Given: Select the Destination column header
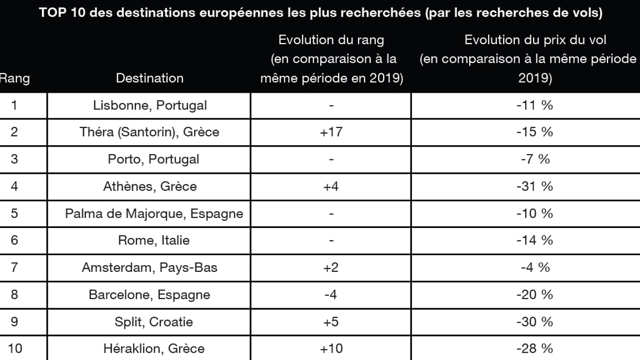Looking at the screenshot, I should [x=149, y=78].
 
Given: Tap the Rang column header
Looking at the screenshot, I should [x=15, y=79].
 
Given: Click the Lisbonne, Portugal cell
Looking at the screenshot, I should [x=150, y=105].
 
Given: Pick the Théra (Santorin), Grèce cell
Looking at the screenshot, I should [x=149, y=132].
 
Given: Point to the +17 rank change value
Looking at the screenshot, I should [x=331, y=132].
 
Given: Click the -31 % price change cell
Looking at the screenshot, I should [x=535, y=186].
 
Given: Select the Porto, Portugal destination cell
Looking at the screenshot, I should [x=154, y=159].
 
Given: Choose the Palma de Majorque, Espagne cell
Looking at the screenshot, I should [x=154, y=213].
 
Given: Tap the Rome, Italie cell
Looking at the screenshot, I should [x=154, y=241].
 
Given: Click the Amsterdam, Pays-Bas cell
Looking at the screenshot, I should [x=149, y=268].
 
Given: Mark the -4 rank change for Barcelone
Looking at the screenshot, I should [x=330, y=294].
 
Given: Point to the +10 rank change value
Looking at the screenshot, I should [x=331, y=348].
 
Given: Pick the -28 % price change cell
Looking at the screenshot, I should [x=535, y=348].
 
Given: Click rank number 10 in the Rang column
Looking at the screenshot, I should [x=15, y=348].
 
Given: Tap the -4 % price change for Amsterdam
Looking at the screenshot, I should [x=535, y=268].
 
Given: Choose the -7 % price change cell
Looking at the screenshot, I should [x=535, y=159].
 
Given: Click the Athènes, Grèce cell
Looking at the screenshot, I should [x=153, y=186].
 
